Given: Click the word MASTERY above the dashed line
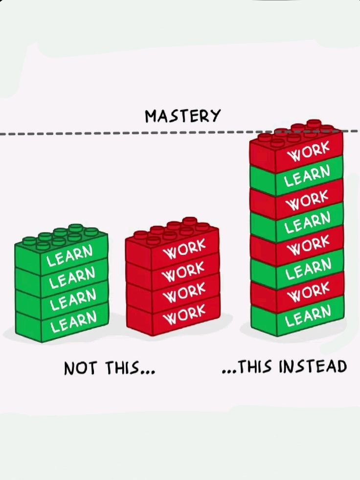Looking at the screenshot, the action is [182, 116].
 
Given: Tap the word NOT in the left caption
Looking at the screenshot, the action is [80, 368].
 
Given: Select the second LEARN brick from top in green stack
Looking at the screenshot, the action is [71, 277].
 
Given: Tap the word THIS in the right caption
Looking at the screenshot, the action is [253, 367].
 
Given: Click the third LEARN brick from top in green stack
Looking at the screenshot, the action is [72, 299].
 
